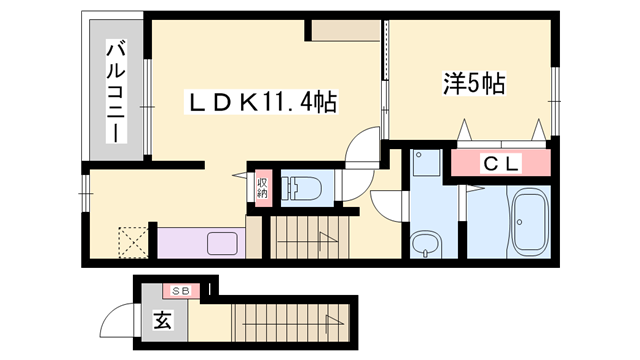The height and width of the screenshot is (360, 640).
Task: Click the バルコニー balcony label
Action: [x=116, y=90]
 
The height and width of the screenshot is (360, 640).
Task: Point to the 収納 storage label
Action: [x=262, y=186]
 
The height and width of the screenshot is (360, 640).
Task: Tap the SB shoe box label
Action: [x=183, y=291]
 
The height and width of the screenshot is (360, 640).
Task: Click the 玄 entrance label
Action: [x=161, y=321]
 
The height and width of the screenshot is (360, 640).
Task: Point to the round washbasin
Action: [x=424, y=243]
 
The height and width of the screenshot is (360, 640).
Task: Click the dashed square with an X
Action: [x=131, y=241]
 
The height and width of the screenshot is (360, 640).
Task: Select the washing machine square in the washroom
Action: [x=425, y=165]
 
